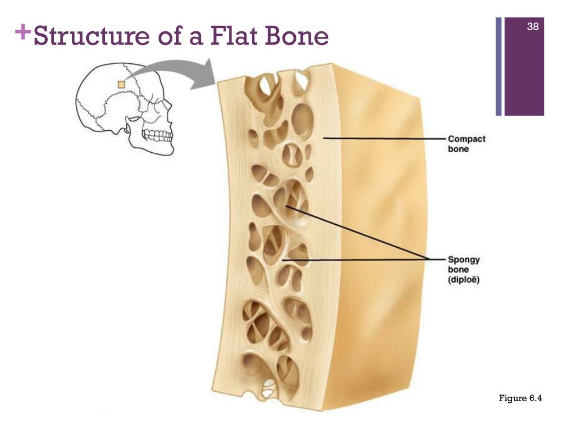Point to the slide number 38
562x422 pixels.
[x=532, y=26]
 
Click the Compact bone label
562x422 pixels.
[x=467, y=144]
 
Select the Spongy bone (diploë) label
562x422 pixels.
[x=464, y=269]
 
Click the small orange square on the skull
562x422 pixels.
[x=121, y=84]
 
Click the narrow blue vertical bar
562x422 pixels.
[x=499, y=66]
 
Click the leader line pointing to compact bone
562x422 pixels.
[x=384, y=138]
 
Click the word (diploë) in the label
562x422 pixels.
[x=464, y=280]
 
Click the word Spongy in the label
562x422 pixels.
[x=463, y=259]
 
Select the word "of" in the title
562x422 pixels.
[x=175, y=36]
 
